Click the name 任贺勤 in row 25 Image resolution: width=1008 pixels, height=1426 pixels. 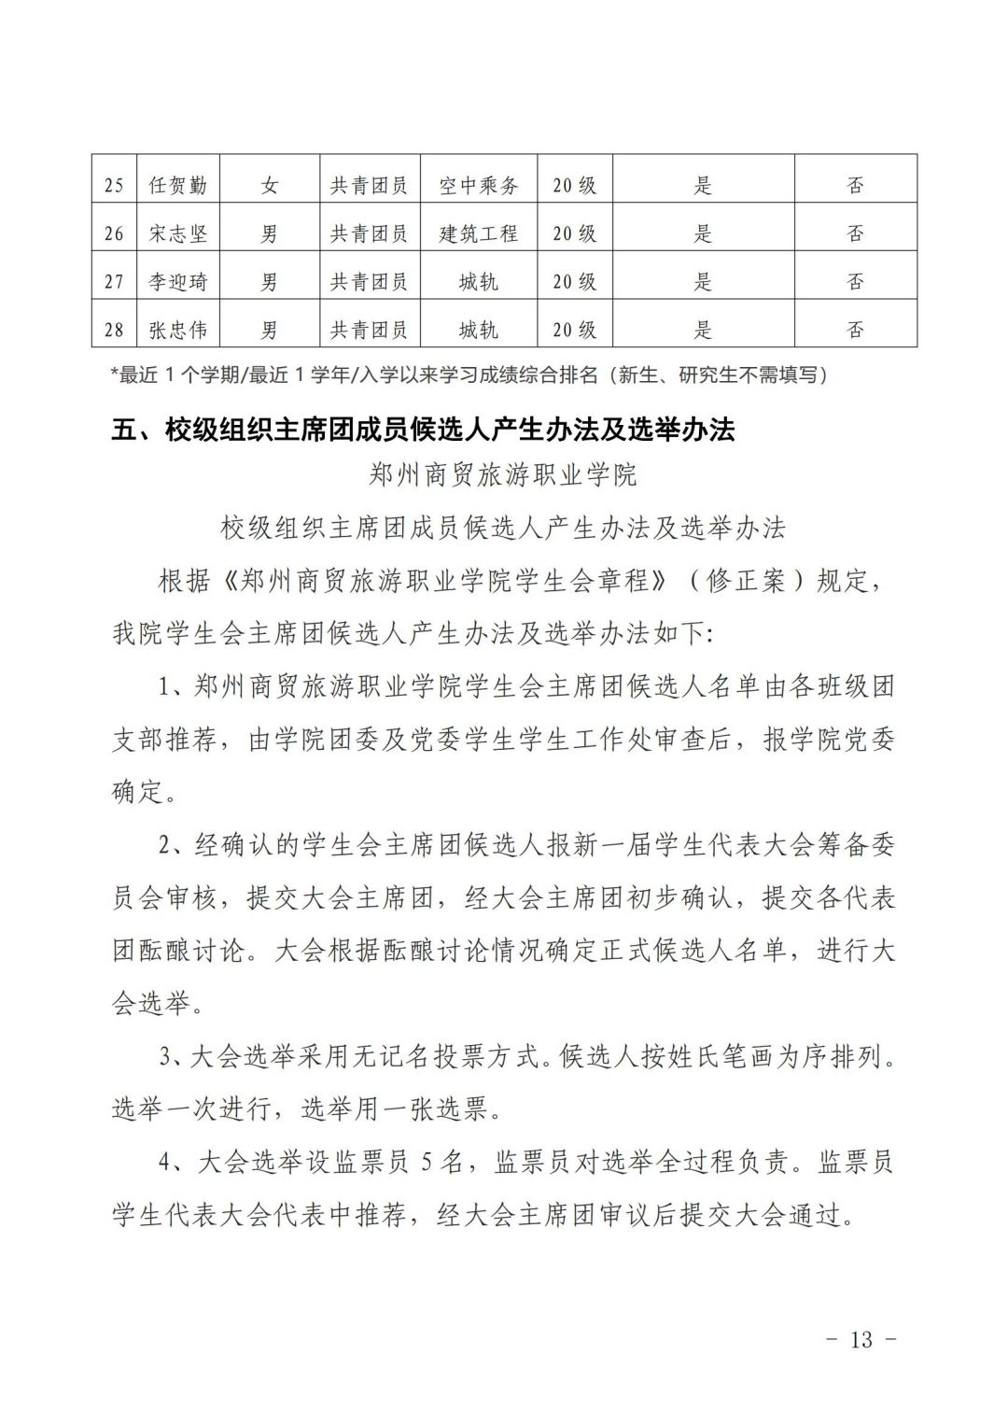coord(177,185)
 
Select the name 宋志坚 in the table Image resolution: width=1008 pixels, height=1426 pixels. coord(177,233)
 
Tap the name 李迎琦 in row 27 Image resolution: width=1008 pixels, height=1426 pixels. coord(177,281)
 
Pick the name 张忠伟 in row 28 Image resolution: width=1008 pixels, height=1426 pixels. coord(177,330)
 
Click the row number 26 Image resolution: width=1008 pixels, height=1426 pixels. coord(114,233)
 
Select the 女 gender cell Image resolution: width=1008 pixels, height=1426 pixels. coord(270,185)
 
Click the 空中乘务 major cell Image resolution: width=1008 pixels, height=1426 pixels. coord(478,185)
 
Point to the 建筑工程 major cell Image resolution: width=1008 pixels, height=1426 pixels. coord(478,233)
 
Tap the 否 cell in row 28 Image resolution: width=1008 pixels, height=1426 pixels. coord(855,330)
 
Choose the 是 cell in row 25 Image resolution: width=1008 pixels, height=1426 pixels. coord(703,185)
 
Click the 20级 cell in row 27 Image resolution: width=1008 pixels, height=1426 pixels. coord(574,281)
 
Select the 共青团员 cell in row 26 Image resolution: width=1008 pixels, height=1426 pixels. coord(369,233)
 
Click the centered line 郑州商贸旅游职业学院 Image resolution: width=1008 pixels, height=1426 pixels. coord(503,475)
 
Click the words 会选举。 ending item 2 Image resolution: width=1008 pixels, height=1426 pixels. coord(152,1005)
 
